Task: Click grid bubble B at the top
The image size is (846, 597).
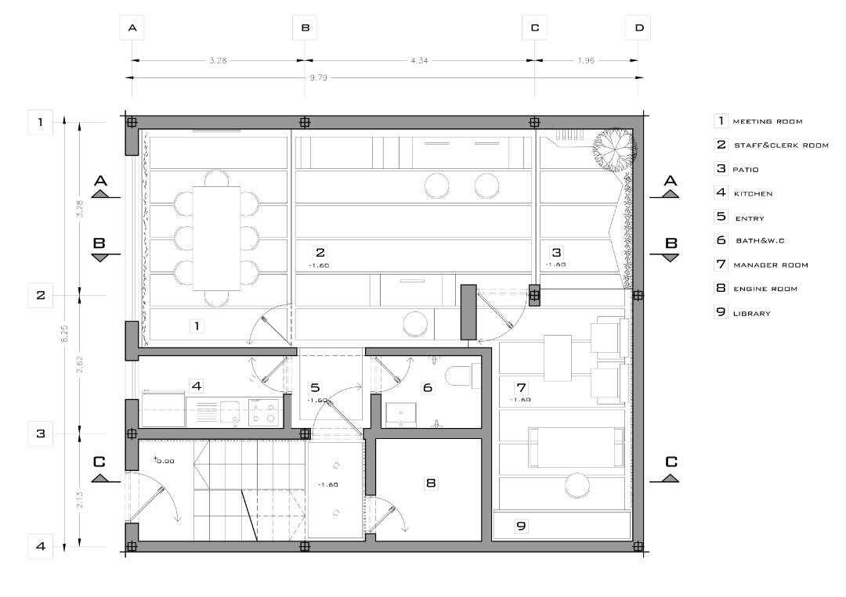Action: pos(305,27)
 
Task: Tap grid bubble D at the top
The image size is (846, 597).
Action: pos(639,27)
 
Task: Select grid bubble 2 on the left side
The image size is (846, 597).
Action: pos(41,295)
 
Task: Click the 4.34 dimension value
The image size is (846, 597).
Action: pos(419,60)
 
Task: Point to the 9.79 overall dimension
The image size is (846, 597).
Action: pos(318,77)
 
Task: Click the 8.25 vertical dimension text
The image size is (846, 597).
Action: pos(65,333)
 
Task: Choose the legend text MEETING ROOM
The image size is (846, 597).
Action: pos(767,122)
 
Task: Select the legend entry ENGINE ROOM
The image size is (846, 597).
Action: pos(765,289)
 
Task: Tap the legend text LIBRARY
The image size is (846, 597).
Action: pos(751,314)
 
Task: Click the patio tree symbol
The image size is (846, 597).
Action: pos(614,146)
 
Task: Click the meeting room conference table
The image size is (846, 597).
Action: pos(216,238)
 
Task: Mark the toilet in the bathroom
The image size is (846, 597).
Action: pos(462,376)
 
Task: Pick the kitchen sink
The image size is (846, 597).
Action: pos(230,412)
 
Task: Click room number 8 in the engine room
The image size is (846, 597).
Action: pos(431,483)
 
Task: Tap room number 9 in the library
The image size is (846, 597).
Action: pos(521,526)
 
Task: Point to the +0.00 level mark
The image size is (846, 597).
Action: pos(164,461)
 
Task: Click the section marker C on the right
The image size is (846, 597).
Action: pos(671,469)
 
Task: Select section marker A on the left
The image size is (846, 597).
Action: pos(101,186)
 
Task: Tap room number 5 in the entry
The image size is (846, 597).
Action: pos(315,387)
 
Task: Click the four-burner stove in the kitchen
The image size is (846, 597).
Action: pos(264,412)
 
